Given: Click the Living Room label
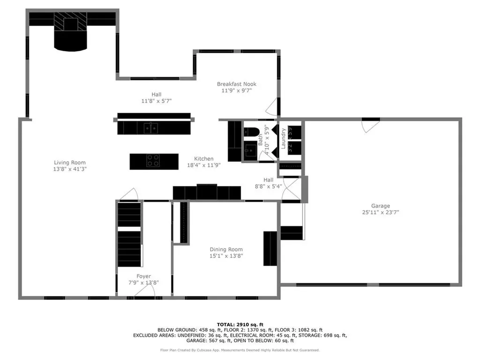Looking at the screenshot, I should pyautogui.click(x=69, y=163).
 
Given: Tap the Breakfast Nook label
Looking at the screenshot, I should pyautogui.click(x=236, y=84).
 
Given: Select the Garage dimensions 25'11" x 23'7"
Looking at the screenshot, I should pyautogui.click(x=380, y=212).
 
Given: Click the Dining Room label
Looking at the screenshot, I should pyautogui.click(x=226, y=249).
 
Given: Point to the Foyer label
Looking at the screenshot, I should pyautogui.click(x=144, y=276).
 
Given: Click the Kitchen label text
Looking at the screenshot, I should pyautogui.click(x=204, y=159).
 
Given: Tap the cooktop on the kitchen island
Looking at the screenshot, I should pyautogui.click(x=153, y=161).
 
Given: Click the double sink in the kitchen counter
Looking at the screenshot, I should pyautogui.click(x=150, y=127).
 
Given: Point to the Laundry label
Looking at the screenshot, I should pyautogui.click(x=284, y=139).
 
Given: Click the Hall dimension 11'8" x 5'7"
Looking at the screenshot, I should pyautogui.click(x=157, y=101).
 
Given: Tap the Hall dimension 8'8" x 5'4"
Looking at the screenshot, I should pyautogui.click(x=268, y=186).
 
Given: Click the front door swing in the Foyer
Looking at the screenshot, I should pyautogui.click(x=144, y=292).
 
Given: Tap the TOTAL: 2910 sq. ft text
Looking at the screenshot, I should pyautogui.click(x=240, y=324).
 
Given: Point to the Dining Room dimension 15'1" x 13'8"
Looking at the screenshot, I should pyautogui.click(x=226, y=256).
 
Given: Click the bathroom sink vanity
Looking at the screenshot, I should pyautogui.click(x=251, y=151).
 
